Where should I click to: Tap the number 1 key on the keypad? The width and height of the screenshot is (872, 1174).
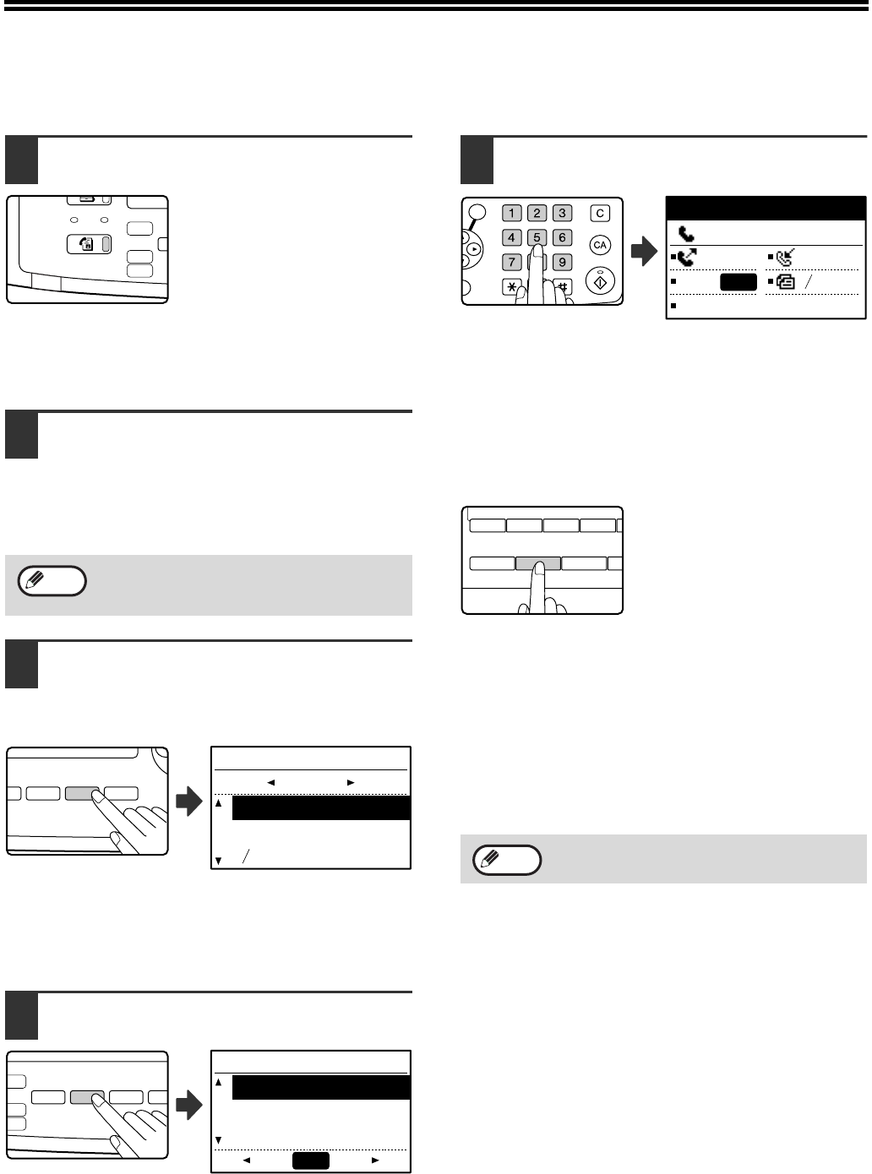[x=511, y=214]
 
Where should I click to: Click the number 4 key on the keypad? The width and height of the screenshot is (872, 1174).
[x=511, y=237]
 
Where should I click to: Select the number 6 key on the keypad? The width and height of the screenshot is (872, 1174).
[x=562, y=237]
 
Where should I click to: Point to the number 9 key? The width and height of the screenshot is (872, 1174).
[x=562, y=262]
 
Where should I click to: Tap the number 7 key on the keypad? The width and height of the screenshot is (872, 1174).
[x=511, y=262]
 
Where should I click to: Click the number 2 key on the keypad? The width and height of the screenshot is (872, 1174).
[x=537, y=214]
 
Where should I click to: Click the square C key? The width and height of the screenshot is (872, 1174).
[x=600, y=214]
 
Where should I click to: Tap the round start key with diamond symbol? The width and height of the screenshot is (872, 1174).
[x=600, y=281]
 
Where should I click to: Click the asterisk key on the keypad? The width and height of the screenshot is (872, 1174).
[x=511, y=287]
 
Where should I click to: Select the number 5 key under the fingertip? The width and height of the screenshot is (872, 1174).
[x=537, y=236]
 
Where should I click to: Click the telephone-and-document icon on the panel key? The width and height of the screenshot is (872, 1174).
[x=86, y=244]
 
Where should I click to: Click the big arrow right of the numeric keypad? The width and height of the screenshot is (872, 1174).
[x=644, y=251]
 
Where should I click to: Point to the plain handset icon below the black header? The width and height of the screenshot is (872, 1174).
[x=686, y=233]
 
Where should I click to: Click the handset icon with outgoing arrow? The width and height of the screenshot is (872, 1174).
[x=687, y=258]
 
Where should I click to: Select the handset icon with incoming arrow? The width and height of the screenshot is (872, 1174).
[x=785, y=258]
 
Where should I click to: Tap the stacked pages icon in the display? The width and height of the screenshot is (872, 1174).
[x=785, y=281]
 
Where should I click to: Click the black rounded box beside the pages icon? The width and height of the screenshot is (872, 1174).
[x=738, y=282]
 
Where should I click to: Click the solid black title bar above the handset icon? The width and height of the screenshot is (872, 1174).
[x=766, y=209]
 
